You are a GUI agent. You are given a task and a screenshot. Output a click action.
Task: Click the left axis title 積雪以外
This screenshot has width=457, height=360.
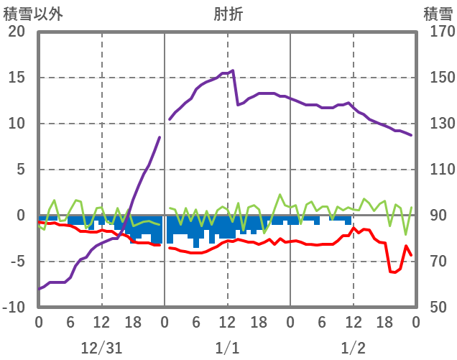point(28,13)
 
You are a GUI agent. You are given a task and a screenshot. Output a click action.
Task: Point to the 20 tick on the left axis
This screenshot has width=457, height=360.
point(17,32)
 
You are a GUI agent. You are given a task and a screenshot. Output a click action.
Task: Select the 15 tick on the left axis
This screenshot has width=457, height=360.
point(17,78)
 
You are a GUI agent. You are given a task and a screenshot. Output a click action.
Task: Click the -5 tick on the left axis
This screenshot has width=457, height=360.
point(17,262)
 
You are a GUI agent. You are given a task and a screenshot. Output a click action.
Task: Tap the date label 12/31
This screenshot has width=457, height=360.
point(101,348)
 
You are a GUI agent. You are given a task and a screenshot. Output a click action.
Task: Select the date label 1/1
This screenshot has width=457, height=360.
point(227,348)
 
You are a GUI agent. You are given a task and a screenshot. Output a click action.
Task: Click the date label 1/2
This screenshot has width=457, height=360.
point(353,348)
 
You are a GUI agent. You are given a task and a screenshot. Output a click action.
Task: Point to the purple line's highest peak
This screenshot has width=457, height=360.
point(233,70)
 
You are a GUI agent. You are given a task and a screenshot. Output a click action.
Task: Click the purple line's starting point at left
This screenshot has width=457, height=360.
point(39,289)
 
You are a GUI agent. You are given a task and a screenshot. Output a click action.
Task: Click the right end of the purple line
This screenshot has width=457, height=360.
point(411,135)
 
